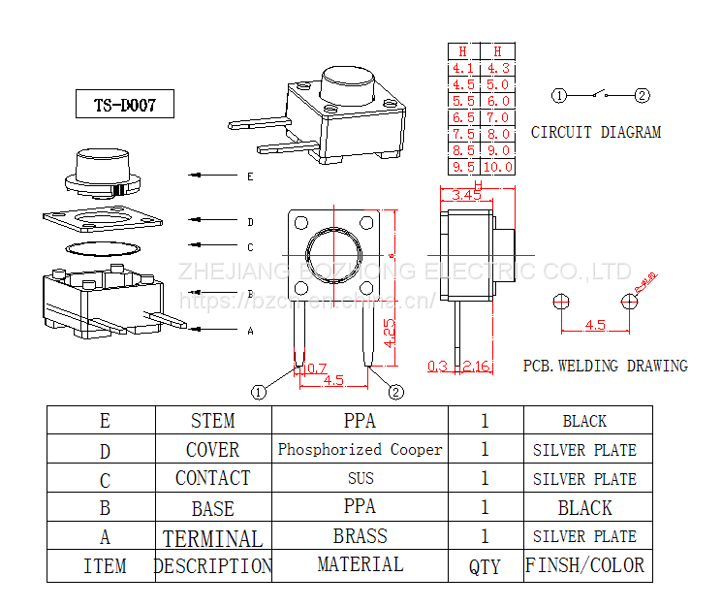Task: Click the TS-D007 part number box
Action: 125,104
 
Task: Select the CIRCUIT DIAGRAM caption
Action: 596,132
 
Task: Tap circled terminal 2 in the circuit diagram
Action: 642,95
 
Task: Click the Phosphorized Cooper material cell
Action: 360,449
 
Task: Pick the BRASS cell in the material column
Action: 360,536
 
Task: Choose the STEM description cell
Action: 212,421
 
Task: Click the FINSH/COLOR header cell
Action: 585,566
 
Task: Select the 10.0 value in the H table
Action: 498,167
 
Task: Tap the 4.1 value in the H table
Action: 463,69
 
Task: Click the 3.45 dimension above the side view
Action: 467,195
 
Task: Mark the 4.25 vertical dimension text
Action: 389,333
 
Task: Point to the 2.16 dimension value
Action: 477,366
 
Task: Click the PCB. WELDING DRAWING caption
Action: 606,366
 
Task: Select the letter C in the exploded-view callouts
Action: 250,247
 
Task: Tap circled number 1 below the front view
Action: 259,392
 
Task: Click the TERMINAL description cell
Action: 212,538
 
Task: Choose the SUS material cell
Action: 360,478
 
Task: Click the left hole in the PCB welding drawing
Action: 558,302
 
